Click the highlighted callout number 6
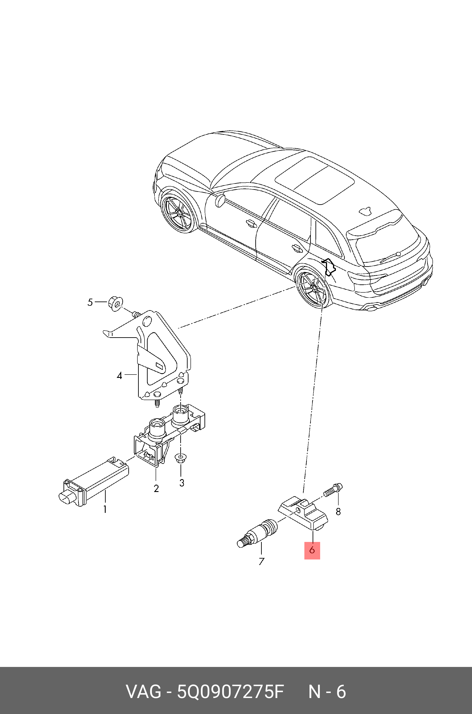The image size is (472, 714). (x=312, y=550)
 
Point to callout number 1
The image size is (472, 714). (x=105, y=509)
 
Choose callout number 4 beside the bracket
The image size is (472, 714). (x=119, y=376)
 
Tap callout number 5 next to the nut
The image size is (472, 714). (x=90, y=302)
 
